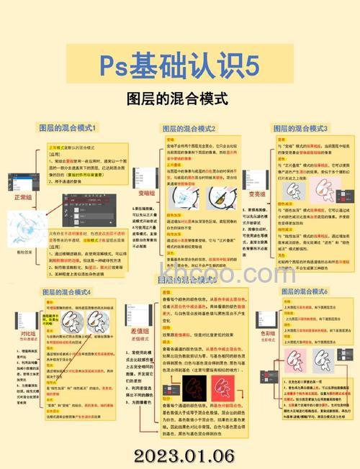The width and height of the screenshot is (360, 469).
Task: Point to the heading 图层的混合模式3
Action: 300,128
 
